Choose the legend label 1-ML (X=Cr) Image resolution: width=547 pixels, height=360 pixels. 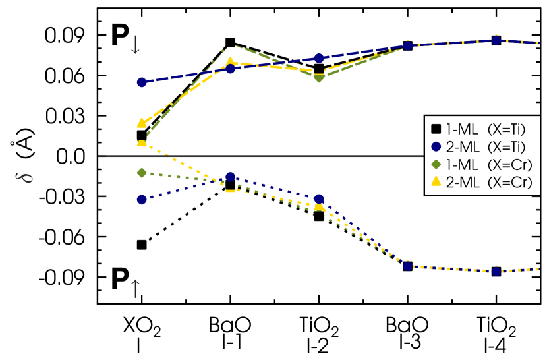pos(488,165)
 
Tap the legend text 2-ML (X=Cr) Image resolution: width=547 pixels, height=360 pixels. pos(488,183)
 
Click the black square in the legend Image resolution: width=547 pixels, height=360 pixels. pos(436,129)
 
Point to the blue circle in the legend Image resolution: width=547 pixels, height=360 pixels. pos(436,147)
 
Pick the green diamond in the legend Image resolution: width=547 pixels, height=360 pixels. pos(436,165)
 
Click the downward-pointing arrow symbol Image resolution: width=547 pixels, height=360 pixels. pos(135,45)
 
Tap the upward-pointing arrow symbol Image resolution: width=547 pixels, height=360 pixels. pos(135,288)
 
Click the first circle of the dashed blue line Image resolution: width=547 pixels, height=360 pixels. pos(142,82)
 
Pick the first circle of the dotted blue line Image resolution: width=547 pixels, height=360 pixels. pos(142,200)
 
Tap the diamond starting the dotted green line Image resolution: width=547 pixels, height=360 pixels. pos(142,173)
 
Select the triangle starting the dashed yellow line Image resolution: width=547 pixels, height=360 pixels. pos(142,123)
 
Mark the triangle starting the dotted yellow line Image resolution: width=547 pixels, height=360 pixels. pos(142,142)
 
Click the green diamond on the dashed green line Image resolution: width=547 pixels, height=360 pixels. pos(319,78)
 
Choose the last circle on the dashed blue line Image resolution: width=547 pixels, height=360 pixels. pos(496,41)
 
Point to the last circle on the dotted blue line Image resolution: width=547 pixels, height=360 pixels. pos(496,271)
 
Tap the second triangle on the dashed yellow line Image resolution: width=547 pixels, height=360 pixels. pos(230,63)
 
